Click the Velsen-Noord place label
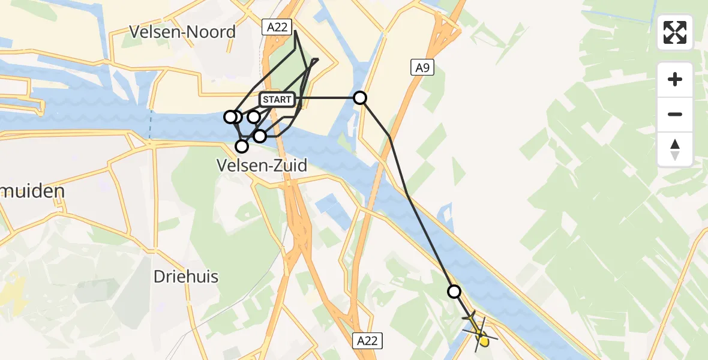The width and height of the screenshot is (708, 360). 182,32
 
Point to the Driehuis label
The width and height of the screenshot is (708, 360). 185,277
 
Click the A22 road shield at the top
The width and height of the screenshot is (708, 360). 273,26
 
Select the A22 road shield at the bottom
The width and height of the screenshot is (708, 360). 367,341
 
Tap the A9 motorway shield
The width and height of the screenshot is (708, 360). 422,68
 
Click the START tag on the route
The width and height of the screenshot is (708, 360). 277,100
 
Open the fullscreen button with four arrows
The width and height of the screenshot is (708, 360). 675,32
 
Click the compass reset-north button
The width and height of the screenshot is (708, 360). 675,149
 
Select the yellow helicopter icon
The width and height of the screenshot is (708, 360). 479,329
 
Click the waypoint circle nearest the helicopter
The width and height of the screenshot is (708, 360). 454,292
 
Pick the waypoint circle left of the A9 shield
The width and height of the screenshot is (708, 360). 360,98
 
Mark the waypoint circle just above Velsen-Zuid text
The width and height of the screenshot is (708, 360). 242,146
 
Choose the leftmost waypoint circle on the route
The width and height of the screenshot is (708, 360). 230,116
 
